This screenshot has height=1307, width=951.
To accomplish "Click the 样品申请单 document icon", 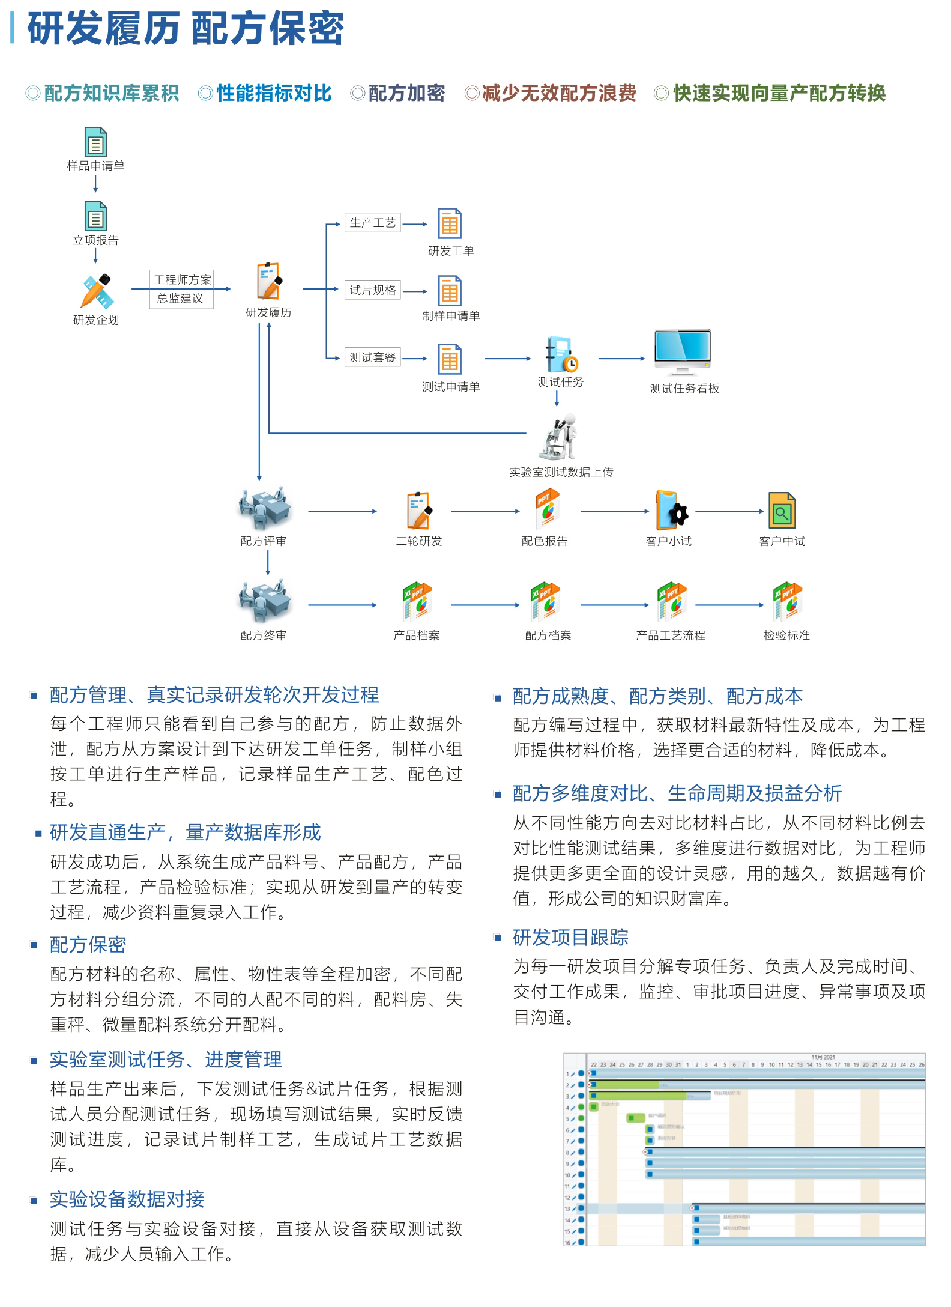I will pos(95,142).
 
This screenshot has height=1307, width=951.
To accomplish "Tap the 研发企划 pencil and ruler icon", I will pos(96,292).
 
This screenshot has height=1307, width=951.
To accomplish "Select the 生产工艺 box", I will pos(372,223).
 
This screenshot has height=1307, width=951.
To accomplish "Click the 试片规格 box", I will pos(372,290).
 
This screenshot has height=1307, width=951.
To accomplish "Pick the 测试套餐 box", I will pos(372,357).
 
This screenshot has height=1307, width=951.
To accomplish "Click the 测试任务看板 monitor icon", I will pos(683,353).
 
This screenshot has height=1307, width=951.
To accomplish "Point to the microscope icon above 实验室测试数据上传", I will pos(558,437).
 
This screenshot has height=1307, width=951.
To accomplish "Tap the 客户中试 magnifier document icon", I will pos(782,511).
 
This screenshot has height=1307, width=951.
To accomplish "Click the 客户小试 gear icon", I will pos(671,511).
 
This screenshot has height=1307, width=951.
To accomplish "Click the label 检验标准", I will pos(786,635).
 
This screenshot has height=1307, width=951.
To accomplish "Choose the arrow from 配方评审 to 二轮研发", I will pos(342,512).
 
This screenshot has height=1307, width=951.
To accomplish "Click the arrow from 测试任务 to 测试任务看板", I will pos(621,359).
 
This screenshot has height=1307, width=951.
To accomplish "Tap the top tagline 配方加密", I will pos(406,93).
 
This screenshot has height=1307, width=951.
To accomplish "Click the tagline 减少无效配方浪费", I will pos(558,93).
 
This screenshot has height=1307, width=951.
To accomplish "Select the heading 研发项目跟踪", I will pos(570,938).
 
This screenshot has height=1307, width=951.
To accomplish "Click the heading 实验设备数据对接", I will pos(127,1199).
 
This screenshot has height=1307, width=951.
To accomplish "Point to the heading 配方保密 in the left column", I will pos(88,945).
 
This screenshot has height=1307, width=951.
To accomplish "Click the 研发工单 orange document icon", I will pos(450,224).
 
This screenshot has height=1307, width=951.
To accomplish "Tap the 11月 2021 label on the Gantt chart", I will pos(823,1057).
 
